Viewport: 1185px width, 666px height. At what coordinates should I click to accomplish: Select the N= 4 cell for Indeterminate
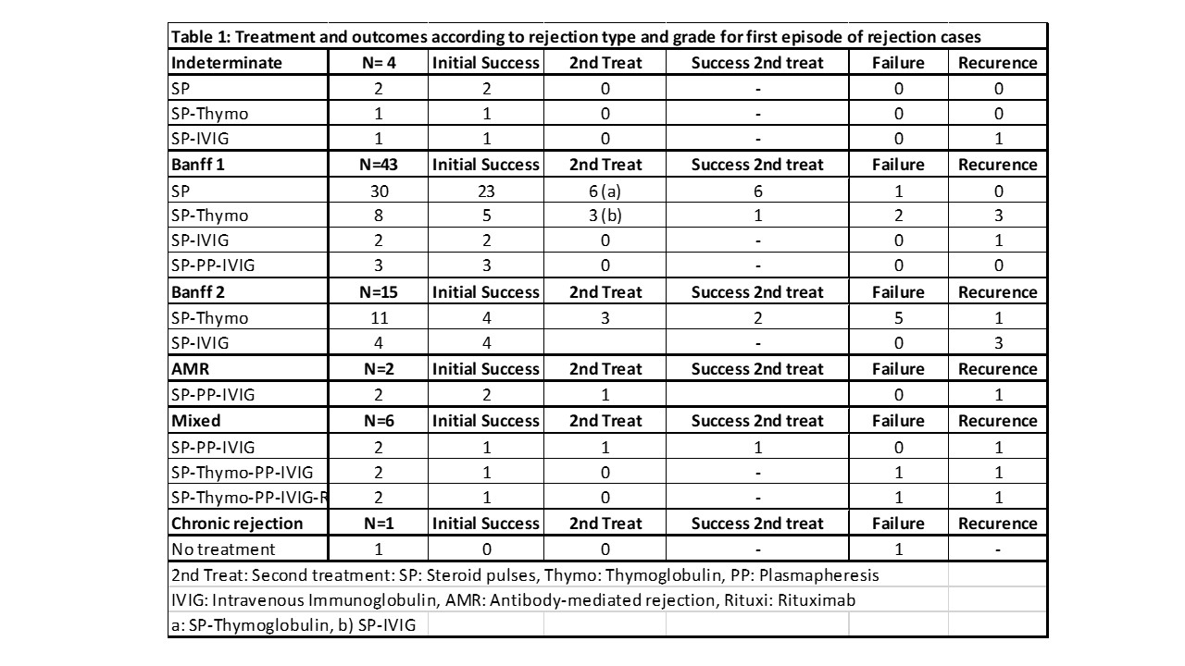click(379, 63)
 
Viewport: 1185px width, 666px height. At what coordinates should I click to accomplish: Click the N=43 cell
click(379, 165)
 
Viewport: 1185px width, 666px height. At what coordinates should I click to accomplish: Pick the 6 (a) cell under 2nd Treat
click(604, 191)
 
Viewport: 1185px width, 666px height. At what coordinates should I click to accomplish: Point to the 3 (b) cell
click(604, 216)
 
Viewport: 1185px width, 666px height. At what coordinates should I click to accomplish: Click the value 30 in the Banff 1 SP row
click(379, 191)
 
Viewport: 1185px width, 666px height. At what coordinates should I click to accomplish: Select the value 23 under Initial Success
click(485, 191)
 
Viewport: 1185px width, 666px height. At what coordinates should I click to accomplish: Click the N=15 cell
click(379, 292)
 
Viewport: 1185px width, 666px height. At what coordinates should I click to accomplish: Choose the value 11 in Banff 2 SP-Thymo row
click(379, 317)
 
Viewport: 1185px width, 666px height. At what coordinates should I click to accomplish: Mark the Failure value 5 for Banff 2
click(898, 317)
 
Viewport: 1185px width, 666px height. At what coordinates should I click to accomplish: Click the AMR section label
click(190, 369)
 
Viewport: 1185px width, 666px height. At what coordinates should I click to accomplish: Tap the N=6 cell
click(379, 421)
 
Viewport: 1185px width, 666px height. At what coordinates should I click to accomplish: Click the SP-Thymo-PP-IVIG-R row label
click(250, 498)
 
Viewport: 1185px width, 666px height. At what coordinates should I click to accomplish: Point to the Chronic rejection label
click(237, 524)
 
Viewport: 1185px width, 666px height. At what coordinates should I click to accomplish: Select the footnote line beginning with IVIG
click(513, 600)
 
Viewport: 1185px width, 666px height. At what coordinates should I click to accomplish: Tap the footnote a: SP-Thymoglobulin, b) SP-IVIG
click(293, 625)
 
